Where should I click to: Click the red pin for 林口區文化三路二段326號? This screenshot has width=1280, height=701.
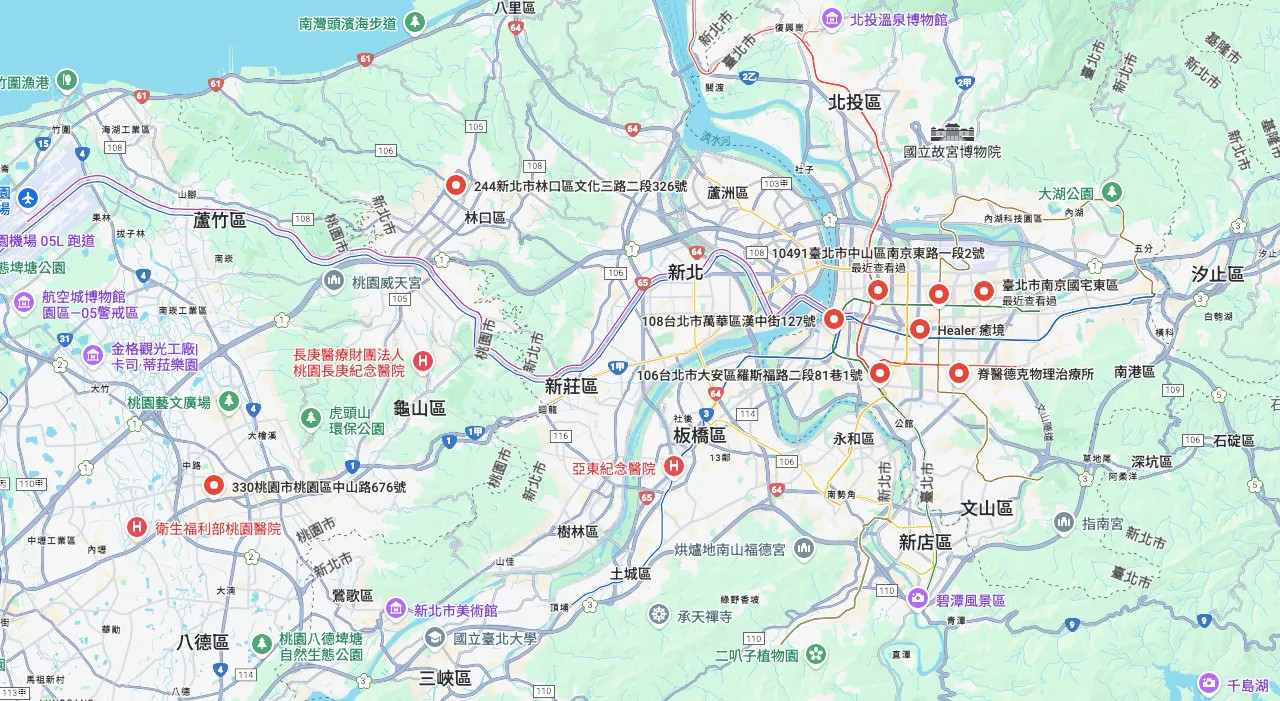tap(456, 185)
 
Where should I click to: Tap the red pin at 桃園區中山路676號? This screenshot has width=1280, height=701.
tap(214, 486)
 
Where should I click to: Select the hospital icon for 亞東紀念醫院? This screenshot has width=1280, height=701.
tap(675, 466)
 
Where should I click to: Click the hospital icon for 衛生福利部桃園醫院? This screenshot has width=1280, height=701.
tap(137, 527)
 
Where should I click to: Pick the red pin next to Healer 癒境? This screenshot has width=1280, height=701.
tap(920, 329)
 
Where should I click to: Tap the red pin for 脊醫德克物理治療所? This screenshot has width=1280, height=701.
tap(958, 373)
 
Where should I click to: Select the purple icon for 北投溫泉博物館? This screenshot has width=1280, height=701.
tap(831, 18)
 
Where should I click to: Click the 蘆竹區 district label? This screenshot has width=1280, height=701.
tap(220, 220)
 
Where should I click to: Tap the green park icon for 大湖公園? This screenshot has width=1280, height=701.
tap(1111, 192)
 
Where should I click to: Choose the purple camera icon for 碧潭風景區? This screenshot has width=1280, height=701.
tap(917, 599)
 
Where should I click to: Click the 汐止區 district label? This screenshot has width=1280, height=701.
tap(1217, 274)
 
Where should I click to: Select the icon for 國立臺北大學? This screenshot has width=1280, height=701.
tap(433, 638)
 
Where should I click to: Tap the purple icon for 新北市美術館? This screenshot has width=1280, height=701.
tap(396, 609)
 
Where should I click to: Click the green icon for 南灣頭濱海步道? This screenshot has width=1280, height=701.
tap(415, 21)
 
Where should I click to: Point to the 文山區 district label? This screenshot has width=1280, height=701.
tap(987, 508)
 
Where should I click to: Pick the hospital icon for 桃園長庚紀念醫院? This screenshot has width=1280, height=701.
tap(423, 361)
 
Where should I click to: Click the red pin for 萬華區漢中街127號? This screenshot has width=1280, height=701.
tap(834, 320)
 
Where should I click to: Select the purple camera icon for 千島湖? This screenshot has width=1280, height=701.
tap(1209, 684)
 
